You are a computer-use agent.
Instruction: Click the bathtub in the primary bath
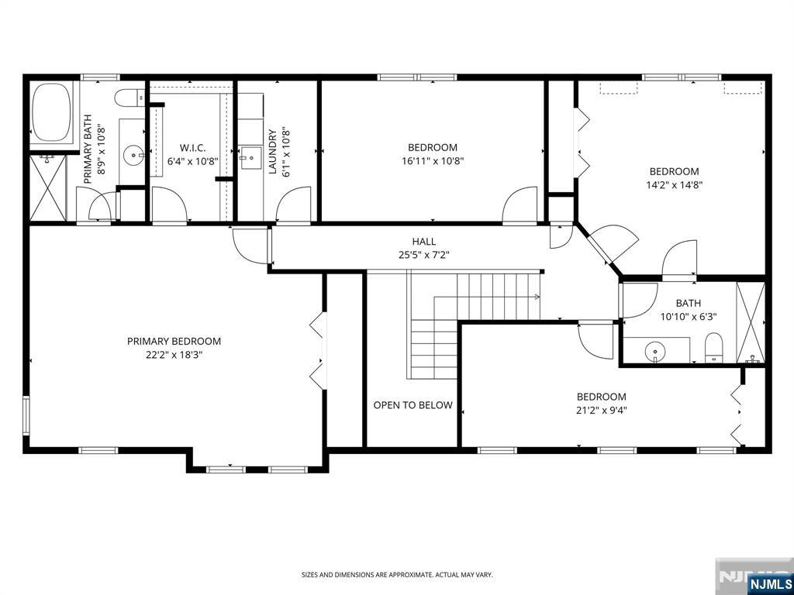point(51,112)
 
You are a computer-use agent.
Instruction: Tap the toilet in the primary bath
point(130,98)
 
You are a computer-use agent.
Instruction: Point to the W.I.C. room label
point(193,148)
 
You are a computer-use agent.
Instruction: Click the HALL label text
point(424,242)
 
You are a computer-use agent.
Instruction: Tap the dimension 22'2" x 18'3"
point(174,355)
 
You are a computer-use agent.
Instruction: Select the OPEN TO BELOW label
point(413,404)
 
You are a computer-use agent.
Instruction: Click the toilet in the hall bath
point(713,348)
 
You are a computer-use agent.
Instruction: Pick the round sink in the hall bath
point(654,350)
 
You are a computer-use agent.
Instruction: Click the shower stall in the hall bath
point(751,322)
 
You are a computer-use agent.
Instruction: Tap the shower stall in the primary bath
point(48,187)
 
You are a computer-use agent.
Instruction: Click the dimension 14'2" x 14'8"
point(674,185)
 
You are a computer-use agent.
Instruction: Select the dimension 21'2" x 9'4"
point(602,411)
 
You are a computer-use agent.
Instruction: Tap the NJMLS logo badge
point(768,583)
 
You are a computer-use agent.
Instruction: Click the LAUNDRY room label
point(274,153)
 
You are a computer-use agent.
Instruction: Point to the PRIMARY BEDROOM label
point(174,341)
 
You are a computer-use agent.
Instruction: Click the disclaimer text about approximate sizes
point(397,575)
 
